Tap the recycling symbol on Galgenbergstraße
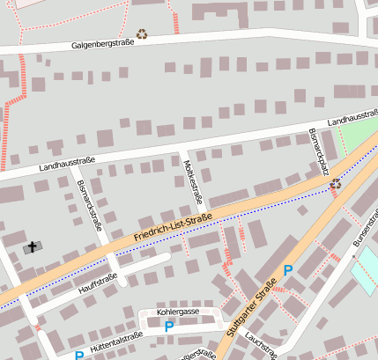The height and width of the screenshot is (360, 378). click(x=142, y=35)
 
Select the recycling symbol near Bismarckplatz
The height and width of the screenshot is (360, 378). click(x=335, y=184)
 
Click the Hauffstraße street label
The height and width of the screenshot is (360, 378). click(x=97, y=281)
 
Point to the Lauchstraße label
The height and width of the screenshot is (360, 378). click(x=262, y=345)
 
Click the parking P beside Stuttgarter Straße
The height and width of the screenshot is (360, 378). click(x=287, y=271)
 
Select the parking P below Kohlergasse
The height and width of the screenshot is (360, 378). click(x=169, y=327)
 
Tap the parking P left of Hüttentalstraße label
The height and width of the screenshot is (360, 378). click(x=78, y=356)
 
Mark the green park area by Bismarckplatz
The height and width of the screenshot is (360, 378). click(x=356, y=137)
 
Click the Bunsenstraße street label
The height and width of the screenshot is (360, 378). click(x=363, y=231)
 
